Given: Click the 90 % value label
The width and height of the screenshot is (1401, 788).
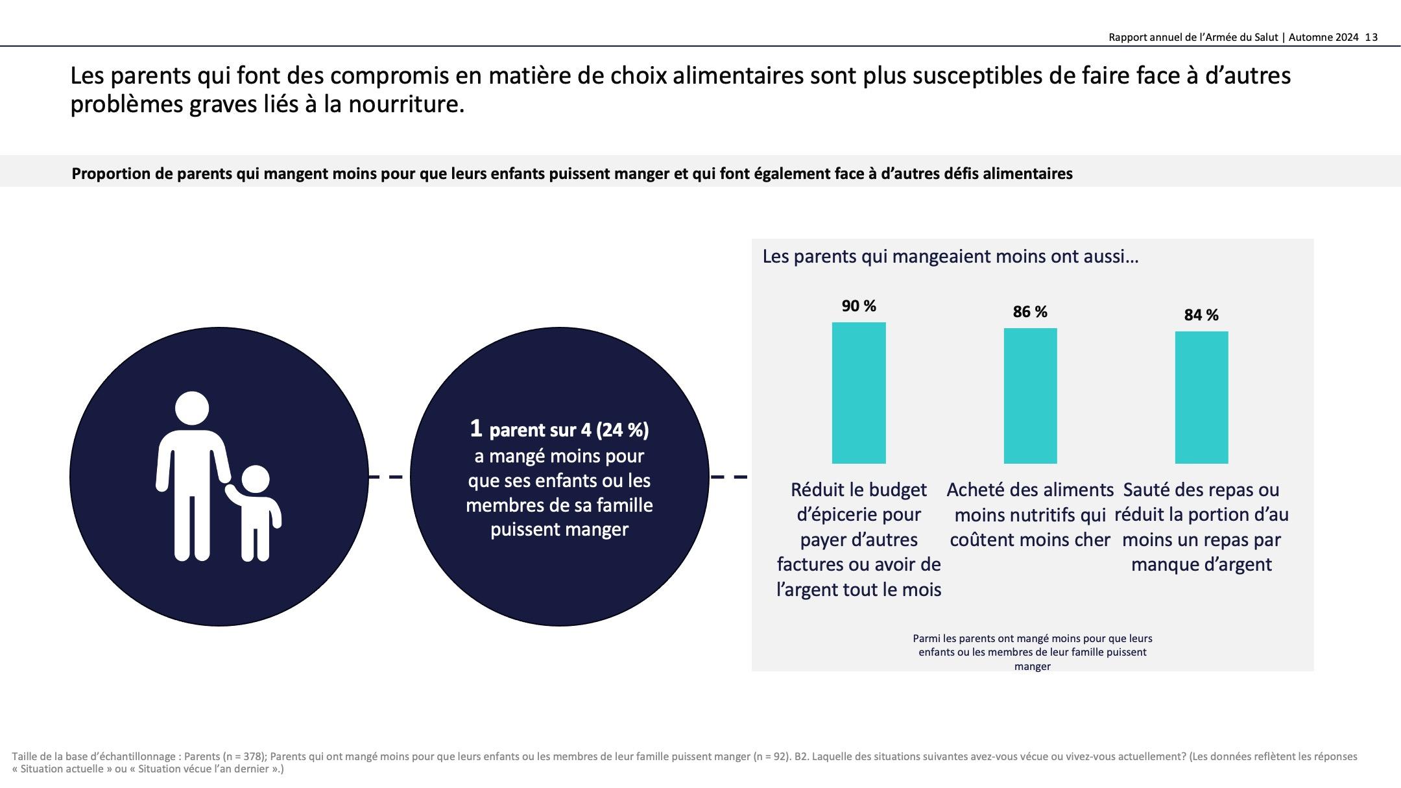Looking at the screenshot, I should pyautogui.click(x=858, y=305).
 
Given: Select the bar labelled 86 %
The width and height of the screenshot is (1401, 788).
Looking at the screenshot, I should pyautogui.click(x=1030, y=396).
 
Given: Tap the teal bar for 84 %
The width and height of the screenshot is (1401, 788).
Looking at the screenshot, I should pyautogui.click(x=1201, y=397).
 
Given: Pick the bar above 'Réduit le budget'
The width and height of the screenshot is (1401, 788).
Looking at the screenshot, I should pyautogui.click(x=859, y=392).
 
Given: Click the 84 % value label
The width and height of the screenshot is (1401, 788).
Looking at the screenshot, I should pyautogui.click(x=1201, y=315).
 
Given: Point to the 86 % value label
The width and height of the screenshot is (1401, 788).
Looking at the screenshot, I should pyautogui.click(x=1030, y=312).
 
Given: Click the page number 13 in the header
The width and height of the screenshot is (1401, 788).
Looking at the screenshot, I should pyautogui.click(x=1371, y=38).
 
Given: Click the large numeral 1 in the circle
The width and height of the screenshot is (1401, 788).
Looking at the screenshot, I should pyautogui.click(x=476, y=429).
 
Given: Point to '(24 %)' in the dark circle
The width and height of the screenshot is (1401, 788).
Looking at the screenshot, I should pyautogui.click(x=622, y=430).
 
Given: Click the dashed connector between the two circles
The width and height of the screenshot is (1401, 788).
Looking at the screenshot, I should pyautogui.click(x=389, y=477).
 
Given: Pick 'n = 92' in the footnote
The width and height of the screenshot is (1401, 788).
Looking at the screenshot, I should pyautogui.click(x=771, y=756).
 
